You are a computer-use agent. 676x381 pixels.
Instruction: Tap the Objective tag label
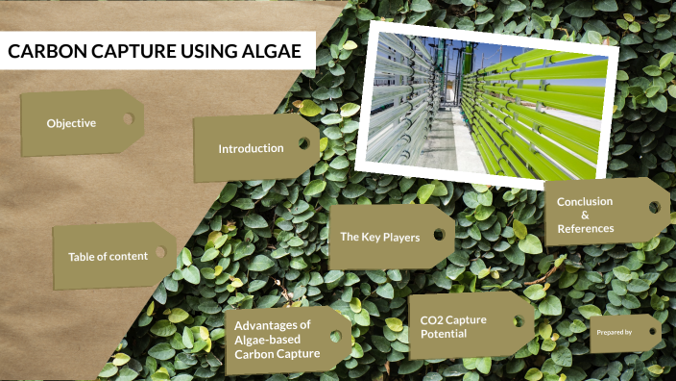(71, 123)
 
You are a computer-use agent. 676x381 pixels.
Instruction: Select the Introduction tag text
(251, 148)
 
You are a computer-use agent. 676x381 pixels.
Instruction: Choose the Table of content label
(108, 256)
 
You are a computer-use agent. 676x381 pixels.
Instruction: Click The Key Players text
(379, 236)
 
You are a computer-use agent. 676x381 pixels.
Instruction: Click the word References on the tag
(585, 228)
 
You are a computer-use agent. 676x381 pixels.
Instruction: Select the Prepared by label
(614, 332)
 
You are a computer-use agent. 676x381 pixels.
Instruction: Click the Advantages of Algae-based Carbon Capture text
(273, 340)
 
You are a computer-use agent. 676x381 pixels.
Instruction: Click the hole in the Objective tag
(127, 118)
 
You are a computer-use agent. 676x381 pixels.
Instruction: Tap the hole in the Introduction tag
(303, 143)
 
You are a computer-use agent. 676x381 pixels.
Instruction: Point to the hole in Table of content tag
(160, 252)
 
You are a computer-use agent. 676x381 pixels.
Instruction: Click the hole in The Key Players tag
(439, 233)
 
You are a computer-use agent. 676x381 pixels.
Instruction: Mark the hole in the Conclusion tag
(654, 206)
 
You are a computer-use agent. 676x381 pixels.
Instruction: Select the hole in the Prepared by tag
(650, 330)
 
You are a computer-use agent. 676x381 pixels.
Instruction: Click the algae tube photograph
(487, 102)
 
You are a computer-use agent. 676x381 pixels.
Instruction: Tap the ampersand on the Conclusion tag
(585, 215)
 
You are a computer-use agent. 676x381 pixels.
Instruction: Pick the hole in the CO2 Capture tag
(519, 321)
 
